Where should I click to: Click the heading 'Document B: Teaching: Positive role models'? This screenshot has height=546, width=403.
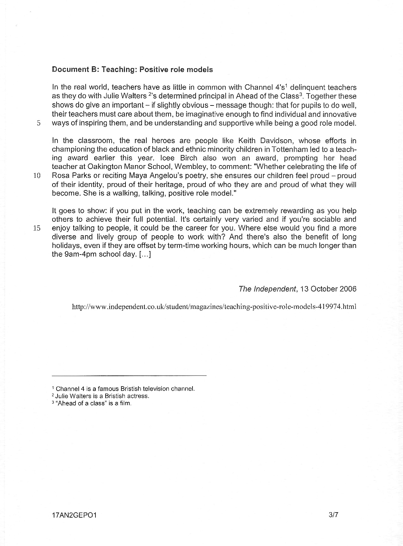(132, 69)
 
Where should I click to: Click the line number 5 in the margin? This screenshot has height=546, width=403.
(39, 123)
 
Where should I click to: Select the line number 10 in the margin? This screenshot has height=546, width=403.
(37, 176)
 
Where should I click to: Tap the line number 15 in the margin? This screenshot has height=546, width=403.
(37, 228)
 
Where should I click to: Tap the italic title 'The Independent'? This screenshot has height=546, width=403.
(267, 289)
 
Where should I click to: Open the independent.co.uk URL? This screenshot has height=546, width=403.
(214, 306)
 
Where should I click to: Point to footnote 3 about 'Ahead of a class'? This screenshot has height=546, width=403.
(91, 403)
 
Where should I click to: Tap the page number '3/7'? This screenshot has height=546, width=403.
(333, 515)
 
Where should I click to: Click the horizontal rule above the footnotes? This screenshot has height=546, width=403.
(129, 375)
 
